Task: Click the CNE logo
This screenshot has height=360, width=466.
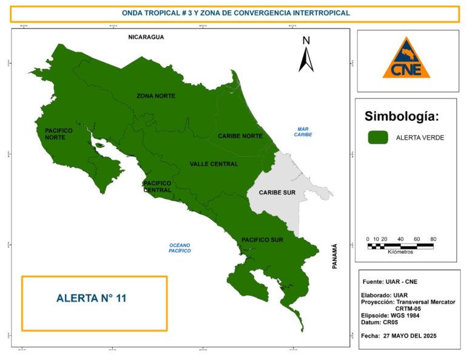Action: pyautogui.click(x=407, y=59)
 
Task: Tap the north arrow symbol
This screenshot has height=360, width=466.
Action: pyautogui.click(x=306, y=55)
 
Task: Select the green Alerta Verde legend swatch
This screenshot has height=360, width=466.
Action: pyautogui.click(x=377, y=138)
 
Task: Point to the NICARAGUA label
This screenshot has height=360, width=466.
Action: pyautogui.click(x=146, y=37)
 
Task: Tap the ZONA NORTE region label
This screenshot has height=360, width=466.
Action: pyautogui.click(x=156, y=97)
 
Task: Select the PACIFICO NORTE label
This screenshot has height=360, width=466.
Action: pyautogui.click(x=59, y=134)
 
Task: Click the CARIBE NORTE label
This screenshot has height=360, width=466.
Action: pyautogui.click(x=240, y=136)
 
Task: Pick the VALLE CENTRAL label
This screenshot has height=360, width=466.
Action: pyautogui.click(x=214, y=164)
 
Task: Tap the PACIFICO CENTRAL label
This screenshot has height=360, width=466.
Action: pyautogui.click(x=157, y=186)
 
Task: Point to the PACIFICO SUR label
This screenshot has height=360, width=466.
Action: pyautogui.click(x=263, y=239)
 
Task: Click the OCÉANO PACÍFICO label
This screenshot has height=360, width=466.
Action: pyautogui.click(x=180, y=247)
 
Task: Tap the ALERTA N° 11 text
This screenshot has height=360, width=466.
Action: pyautogui.click(x=91, y=298)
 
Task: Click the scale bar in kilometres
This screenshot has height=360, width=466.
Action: pyautogui.click(x=401, y=246)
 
